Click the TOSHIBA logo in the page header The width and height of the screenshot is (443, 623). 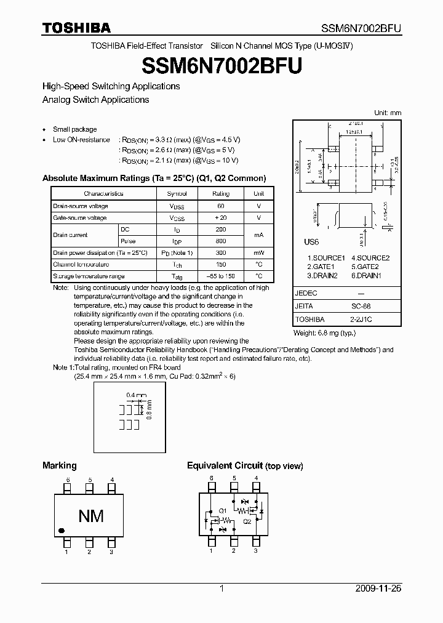tap(76, 27)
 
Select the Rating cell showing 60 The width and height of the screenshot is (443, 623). tap(221, 206)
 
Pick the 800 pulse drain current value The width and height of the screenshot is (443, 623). tap(221, 241)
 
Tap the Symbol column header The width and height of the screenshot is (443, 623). tap(177, 194)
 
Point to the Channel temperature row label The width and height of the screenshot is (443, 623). tap(81, 264)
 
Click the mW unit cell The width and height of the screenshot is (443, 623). tap(259, 253)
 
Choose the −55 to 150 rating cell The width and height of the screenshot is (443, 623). tap(221, 276)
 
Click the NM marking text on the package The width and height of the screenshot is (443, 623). tap(90, 516)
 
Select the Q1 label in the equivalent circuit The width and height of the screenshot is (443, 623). tap(223, 510)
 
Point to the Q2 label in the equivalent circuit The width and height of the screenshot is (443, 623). tap(247, 520)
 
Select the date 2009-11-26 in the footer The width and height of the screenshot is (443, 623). tap(378, 589)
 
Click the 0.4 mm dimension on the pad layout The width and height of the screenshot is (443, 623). tap(135, 395)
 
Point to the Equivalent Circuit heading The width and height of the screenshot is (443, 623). tap(225, 466)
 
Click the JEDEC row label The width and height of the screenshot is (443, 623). tap(306, 293)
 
